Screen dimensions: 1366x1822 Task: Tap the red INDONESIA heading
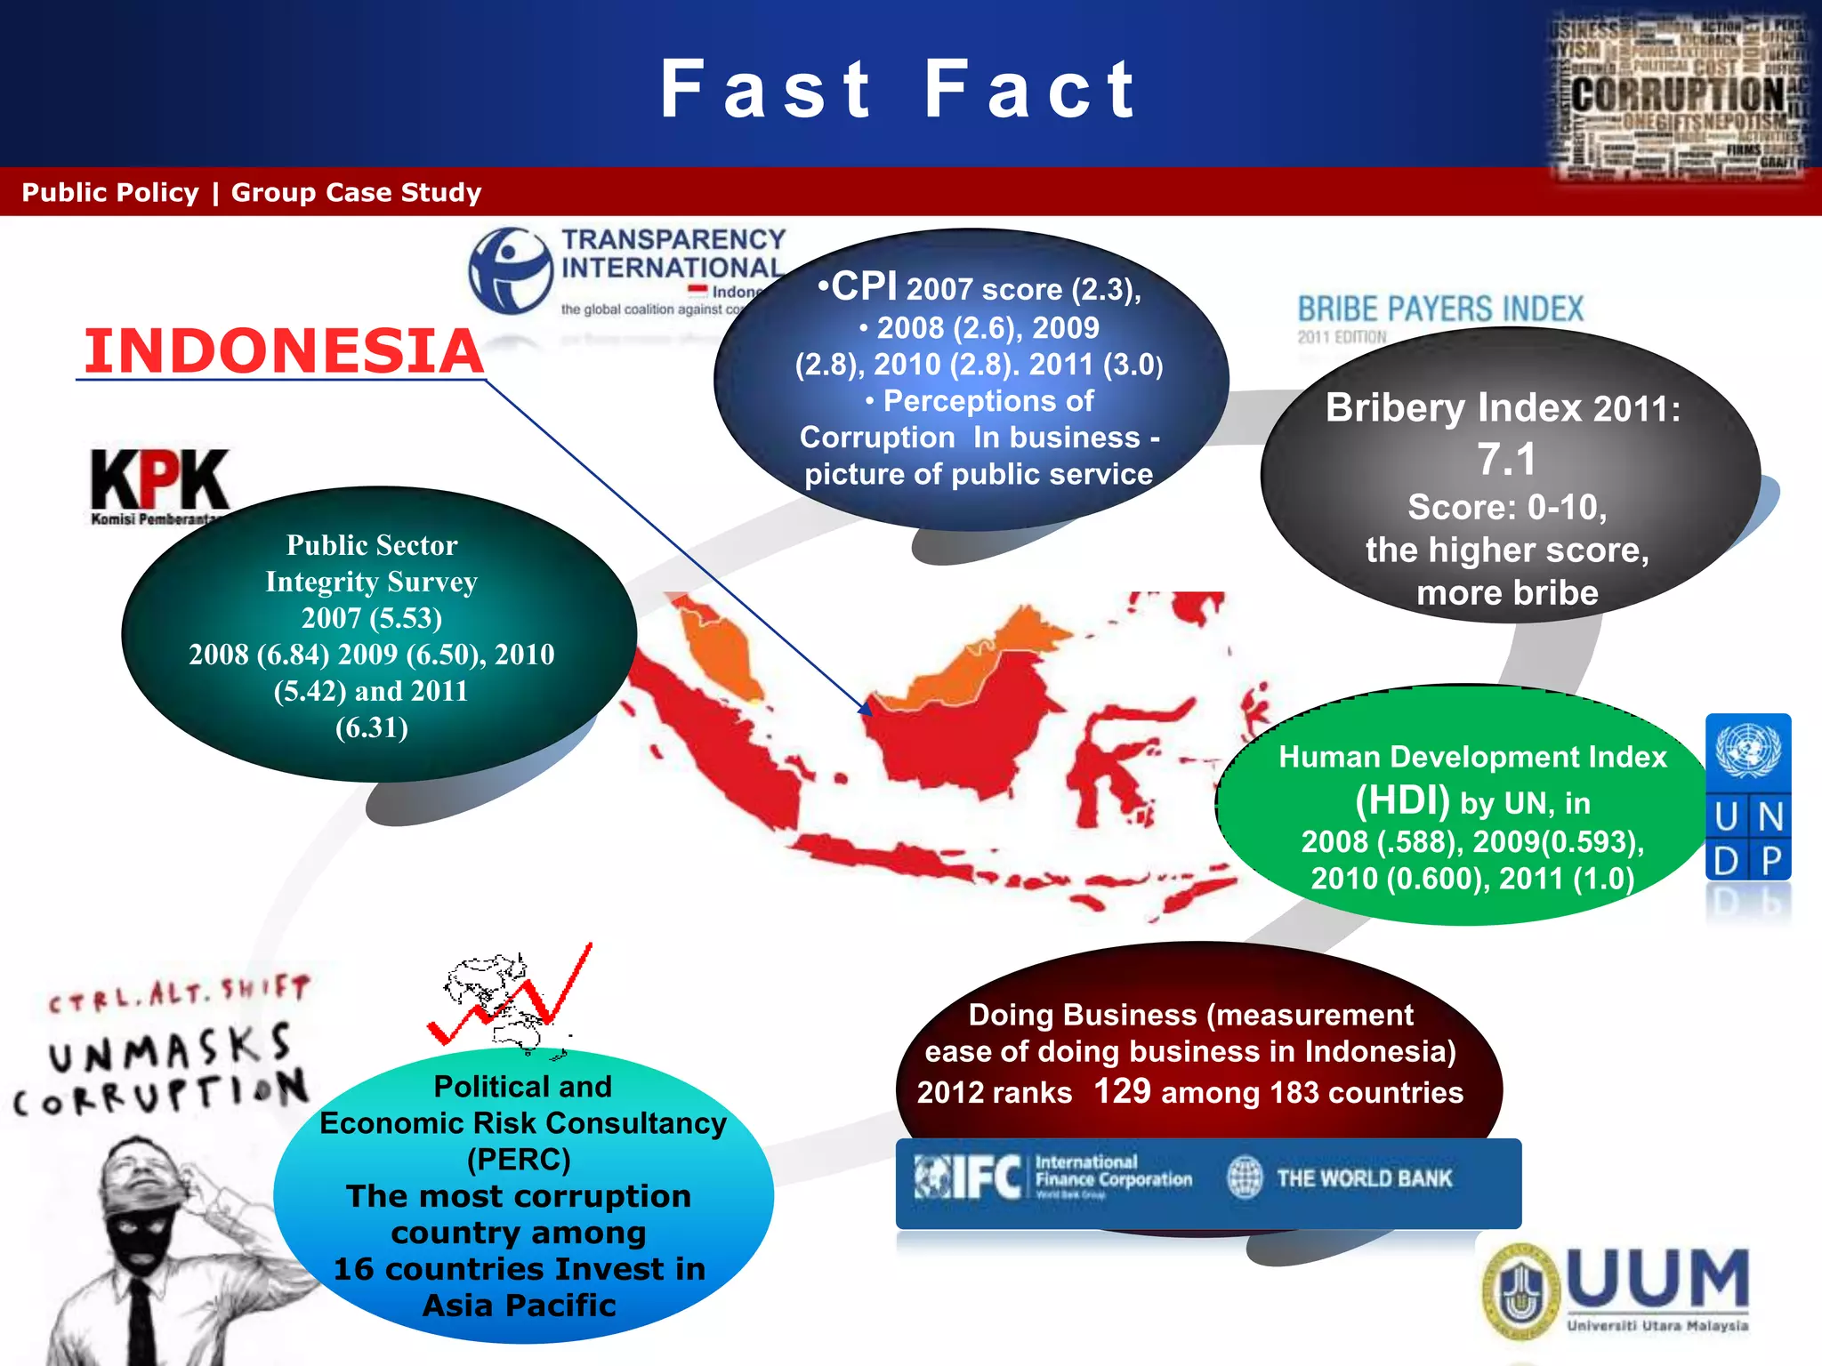(283, 350)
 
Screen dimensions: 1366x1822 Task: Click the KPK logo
(160, 480)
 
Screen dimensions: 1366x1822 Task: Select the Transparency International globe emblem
(510, 270)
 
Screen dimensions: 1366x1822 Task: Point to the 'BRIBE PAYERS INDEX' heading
(1440, 309)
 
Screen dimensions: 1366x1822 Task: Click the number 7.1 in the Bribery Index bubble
(1506, 460)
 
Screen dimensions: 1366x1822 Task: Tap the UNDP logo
(1748, 797)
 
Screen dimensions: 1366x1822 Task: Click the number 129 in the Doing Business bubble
(1122, 1090)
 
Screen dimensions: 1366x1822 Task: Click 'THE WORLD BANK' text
(1364, 1178)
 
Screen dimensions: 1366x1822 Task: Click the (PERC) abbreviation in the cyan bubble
(519, 1160)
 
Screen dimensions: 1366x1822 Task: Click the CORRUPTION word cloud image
(1680, 93)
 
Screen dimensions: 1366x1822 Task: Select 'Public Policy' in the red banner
(110, 192)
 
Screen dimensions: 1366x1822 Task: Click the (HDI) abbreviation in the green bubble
(1402, 800)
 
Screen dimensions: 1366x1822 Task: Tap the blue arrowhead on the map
(864, 708)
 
